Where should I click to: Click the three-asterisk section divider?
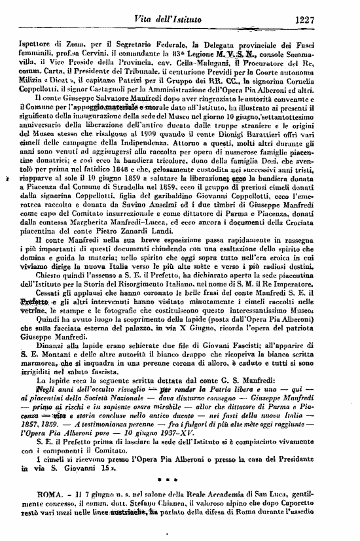click(x=177, y=487)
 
